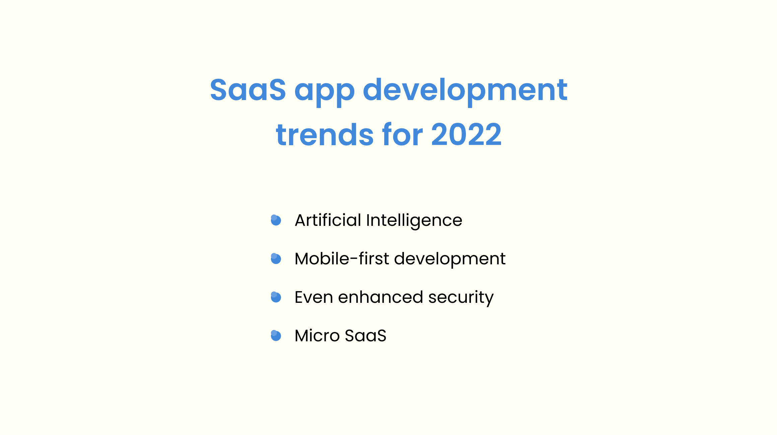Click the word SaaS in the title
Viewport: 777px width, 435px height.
[248, 89]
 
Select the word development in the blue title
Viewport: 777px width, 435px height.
[465, 91]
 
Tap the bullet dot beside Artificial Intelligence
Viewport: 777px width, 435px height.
[276, 220]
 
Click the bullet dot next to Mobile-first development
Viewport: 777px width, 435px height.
[276, 259]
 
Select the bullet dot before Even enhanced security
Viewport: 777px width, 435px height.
[276, 297]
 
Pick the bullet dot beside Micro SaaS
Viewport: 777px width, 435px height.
[276, 336]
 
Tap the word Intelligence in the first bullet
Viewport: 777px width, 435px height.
[414, 221]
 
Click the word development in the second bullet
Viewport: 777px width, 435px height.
[450, 259]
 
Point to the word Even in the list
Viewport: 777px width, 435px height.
[314, 297]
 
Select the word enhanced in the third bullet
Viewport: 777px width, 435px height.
[380, 297]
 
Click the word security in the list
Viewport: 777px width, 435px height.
[461, 298]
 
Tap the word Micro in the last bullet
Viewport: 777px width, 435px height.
[317, 335]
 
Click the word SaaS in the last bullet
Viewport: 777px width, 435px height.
[366, 336]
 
